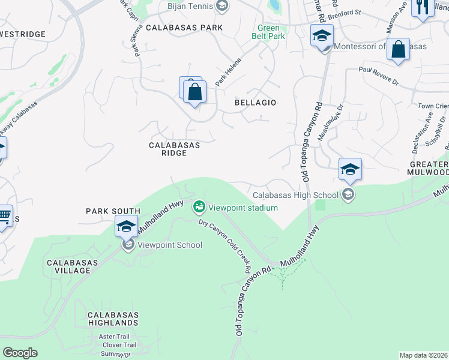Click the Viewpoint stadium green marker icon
coord(199,207)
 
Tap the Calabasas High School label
coord(295,195)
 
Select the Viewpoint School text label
coord(170,245)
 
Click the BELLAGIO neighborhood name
coord(255,103)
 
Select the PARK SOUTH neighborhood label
coord(113,211)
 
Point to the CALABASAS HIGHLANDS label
coord(113,319)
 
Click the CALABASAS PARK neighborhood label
coord(184,28)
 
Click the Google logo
coord(20,353)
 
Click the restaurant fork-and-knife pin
coord(423,7)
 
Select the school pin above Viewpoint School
coord(126,227)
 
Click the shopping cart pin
coord(5,215)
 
